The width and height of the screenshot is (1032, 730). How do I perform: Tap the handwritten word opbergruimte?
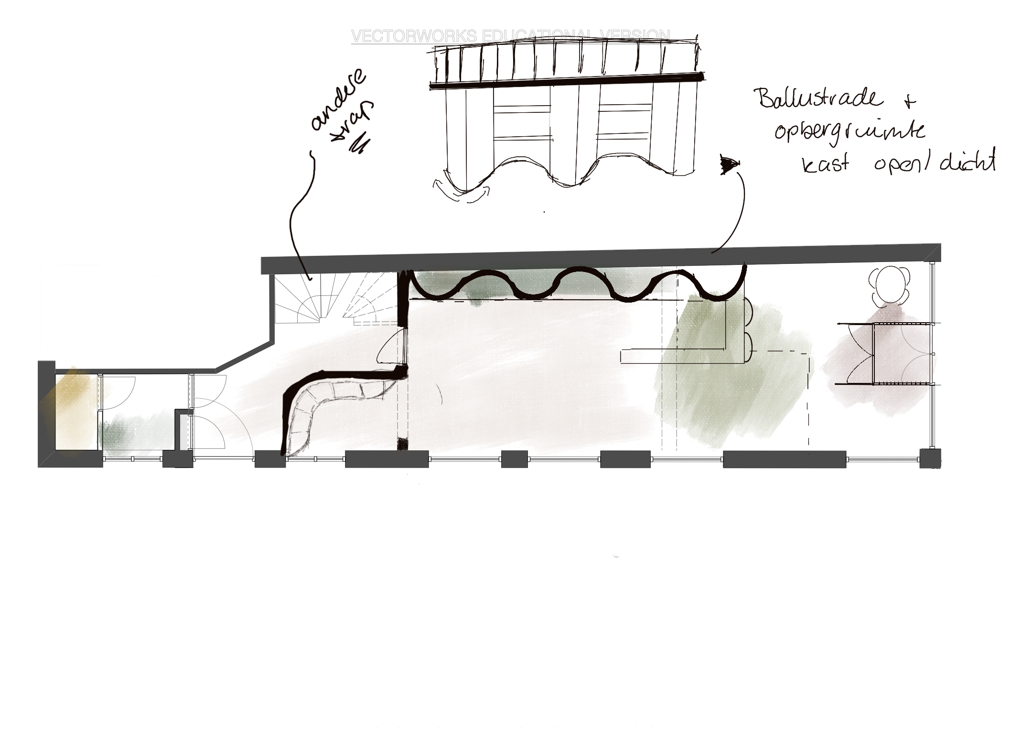click(x=849, y=131)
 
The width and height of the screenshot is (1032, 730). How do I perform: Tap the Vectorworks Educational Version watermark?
click(x=510, y=36)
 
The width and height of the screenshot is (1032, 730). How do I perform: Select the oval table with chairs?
click(x=891, y=287)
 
